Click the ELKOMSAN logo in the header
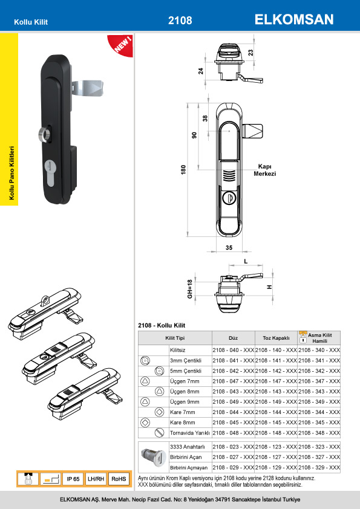click(x=294, y=19)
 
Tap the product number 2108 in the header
click(x=180, y=21)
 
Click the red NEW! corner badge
click(x=122, y=45)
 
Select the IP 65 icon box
click(x=73, y=479)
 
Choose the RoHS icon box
click(x=119, y=479)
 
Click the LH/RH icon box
click(x=96, y=479)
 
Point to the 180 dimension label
click(x=183, y=170)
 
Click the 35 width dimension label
click(x=229, y=248)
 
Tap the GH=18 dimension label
click(x=190, y=289)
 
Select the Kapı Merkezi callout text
click(x=265, y=170)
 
